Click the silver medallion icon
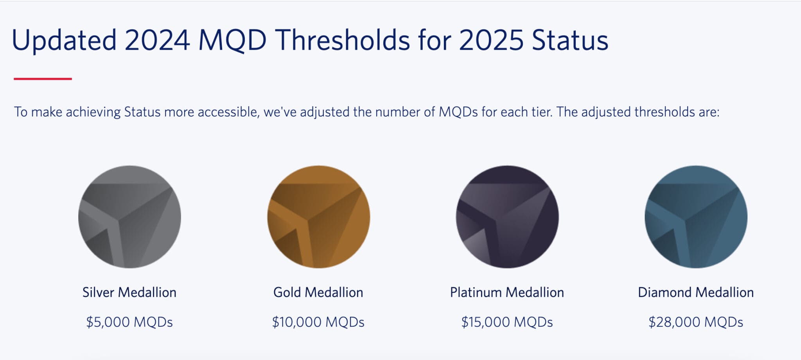coord(129,217)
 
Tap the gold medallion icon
coord(318,217)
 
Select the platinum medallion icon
coord(507,217)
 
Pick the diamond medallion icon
coord(696,217)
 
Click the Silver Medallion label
coord(129,292)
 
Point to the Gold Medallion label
coord(318,292)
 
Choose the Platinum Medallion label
coord(507,292)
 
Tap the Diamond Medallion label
coord(696,292)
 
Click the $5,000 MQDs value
coord(129,322)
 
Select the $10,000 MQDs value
coord(318,322)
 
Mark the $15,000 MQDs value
coord(507,322)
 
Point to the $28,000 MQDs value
coord(696,322)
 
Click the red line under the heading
coord(43,79)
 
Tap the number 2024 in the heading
coord(157,40)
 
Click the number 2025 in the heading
coord(491,40)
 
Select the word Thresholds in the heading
coord(343,40)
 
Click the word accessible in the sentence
coord(228,112)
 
